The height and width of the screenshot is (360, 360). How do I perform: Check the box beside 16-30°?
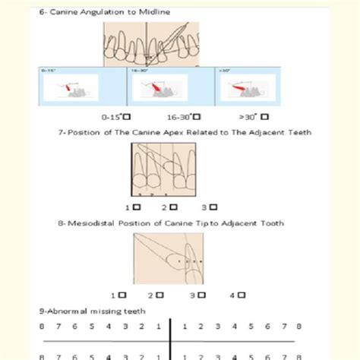(x=197, y=117)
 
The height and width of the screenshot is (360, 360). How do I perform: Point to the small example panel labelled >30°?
(x=247, y=89)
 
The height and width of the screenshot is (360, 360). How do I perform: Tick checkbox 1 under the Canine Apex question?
(x=137, y=206)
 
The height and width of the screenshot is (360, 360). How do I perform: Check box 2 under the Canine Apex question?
(x=175, y=206)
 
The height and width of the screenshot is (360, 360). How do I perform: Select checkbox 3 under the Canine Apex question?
(x=214, y=206)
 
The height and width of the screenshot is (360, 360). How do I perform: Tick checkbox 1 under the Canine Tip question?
(x=122, y=294)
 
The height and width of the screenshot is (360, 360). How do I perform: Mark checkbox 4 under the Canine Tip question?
(x=242, y=294)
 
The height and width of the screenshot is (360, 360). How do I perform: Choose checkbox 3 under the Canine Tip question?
(x=203, y=294)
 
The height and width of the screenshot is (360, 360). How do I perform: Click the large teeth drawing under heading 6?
(x=152, y=43)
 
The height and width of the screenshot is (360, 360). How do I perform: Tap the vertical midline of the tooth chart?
(x=171, y=338)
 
